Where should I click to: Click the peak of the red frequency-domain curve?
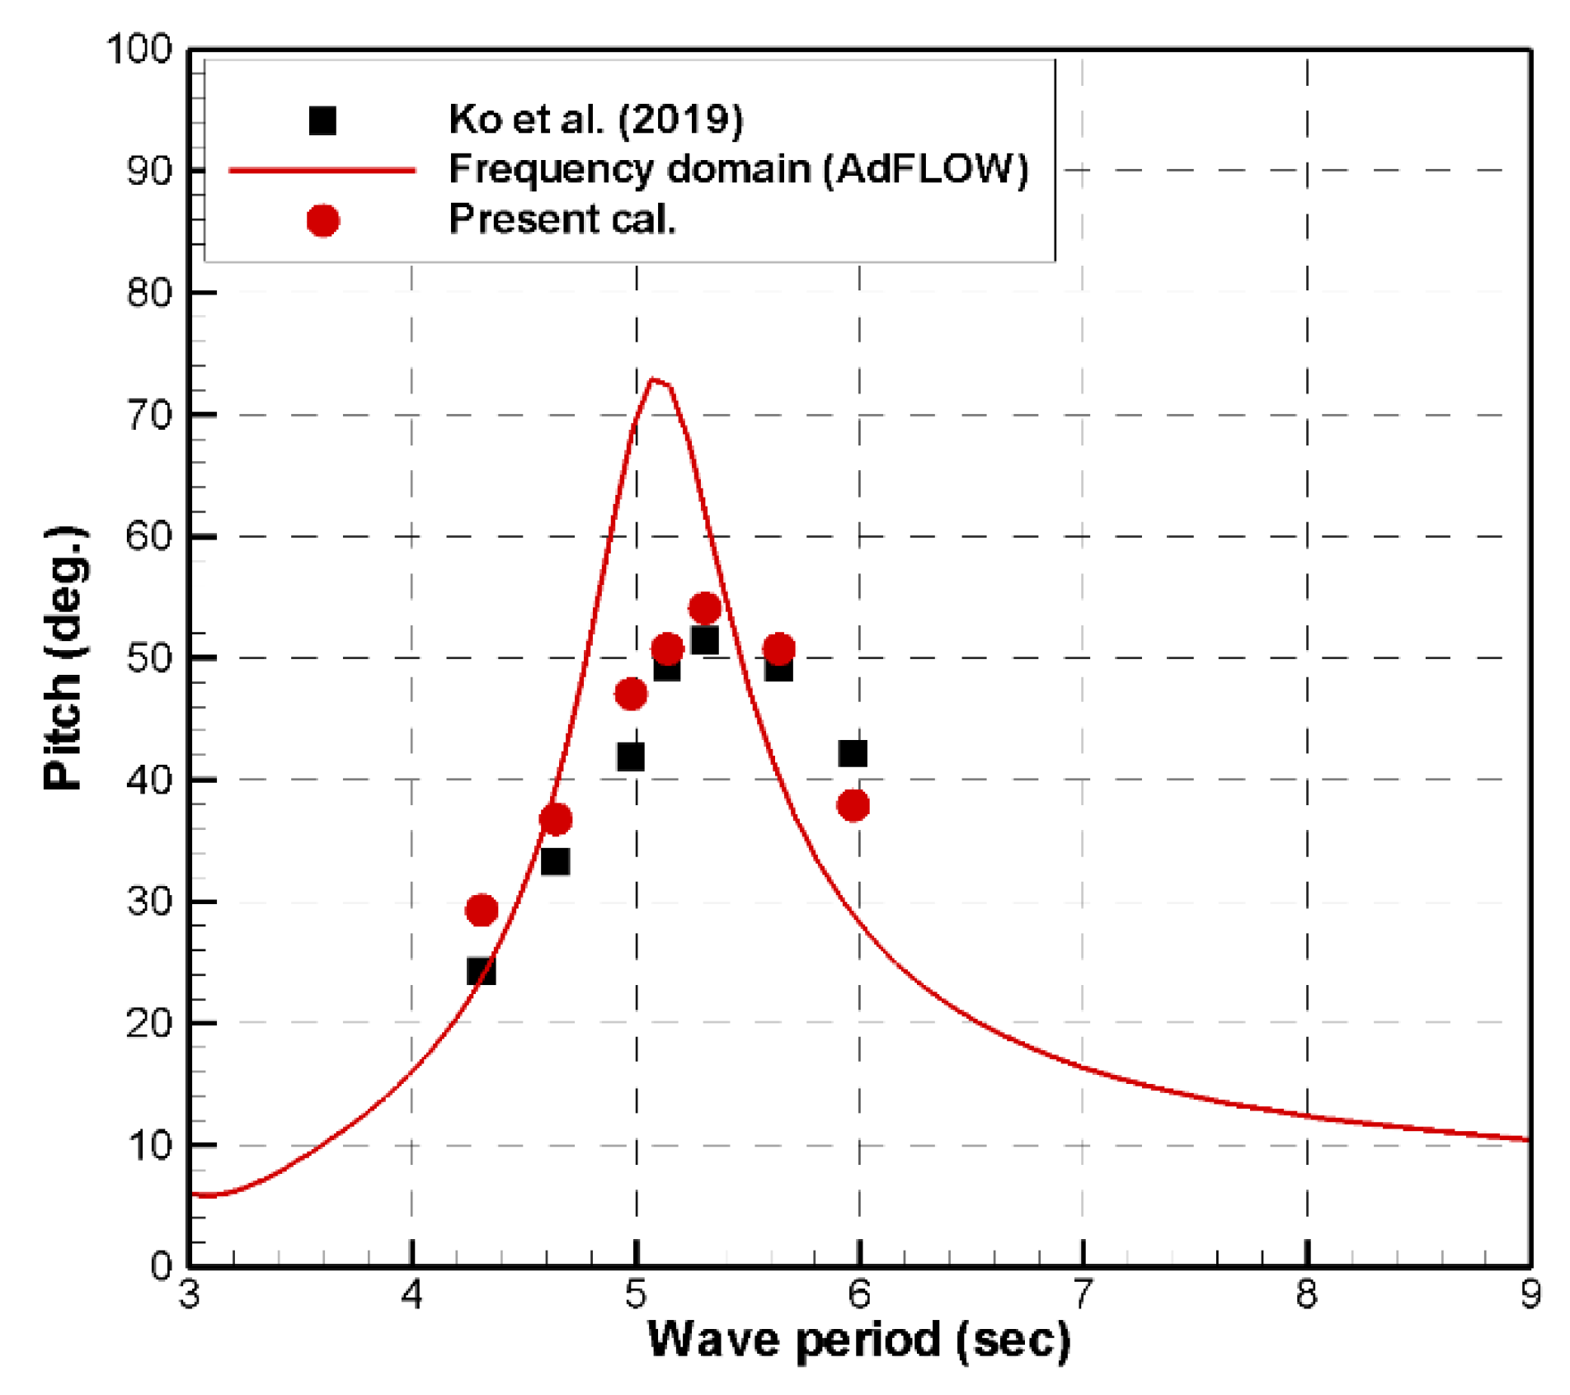click(652, 379)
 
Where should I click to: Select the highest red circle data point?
click(704, 608)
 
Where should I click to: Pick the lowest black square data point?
click(481, 971)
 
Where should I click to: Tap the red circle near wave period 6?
click(853, 805)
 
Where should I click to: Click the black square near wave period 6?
click(853, 753)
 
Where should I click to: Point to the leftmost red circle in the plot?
click(482, 910)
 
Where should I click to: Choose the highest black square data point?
click(704, 640)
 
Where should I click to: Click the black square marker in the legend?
click(322, 120)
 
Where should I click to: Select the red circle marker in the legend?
click(322, 220)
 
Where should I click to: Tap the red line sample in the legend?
click(322, 170)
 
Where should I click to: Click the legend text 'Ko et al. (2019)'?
click(595, 120)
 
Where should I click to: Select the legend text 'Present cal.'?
click(562, 219)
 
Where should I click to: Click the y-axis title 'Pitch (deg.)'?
click(63, 657)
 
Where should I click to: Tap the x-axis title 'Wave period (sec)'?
click(858, 1339)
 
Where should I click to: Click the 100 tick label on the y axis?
click(139, 49)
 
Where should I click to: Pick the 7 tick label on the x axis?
click(1083, 1294)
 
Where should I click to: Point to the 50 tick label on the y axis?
click(148, 658)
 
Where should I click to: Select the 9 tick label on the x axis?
click(1530, 1294)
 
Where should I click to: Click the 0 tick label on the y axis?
click(161, 1265)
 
